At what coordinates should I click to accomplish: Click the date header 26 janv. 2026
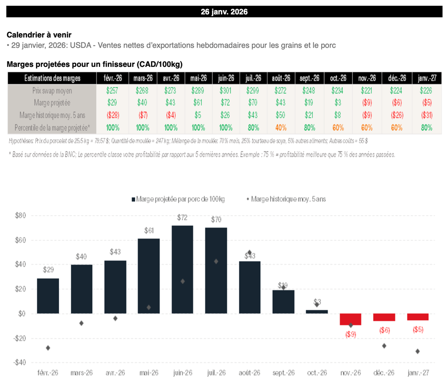pyautogui.click(x=224, y=12)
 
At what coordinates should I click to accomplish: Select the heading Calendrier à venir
pyautogui.click(x=39, y=35)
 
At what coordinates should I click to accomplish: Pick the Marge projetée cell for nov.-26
pyautogui.click(x=366, y=103)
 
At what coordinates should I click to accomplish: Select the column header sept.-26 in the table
pyautogui.click(x=310, y=78)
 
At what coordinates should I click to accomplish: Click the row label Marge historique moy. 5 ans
pyautogui.click(x=52, y=115)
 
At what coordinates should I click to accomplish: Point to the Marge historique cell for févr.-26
pyautogui.click(x=112, y=115)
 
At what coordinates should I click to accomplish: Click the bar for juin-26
pyautogui.click(x=182, y=269)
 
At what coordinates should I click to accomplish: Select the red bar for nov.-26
pyautogui.click(x=350, y=319)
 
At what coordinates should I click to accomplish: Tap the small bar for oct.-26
pyautogui.click(x=317, y=311)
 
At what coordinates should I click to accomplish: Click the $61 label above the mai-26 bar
pyautogui.click(x=149, y=231)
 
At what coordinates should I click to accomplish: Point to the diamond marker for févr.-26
pyautogui.click(x=48, y=348)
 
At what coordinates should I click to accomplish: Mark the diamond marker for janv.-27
pyautogui.click(x=418, y=351)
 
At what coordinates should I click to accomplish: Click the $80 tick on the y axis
pyautogui.click(x=21, y=216)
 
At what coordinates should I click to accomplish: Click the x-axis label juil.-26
pyautogui.click(x=216, y=373)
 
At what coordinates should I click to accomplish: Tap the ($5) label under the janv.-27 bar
pyautogui.click(x=418, y=329)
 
